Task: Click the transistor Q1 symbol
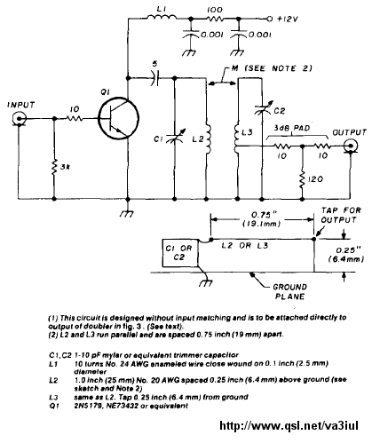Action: coord(118,119)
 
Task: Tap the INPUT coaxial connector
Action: coord(19,119)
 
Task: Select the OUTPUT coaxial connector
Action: coord(351,146)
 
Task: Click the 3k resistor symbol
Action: coord(54,167)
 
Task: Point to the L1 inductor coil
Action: coord(162,18)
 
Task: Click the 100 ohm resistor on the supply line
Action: coord(215,20)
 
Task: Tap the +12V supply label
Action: coord(287,20)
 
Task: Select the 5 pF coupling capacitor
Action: coord(154,78)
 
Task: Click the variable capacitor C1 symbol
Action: coord(175,137)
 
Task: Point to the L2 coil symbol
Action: coord(208,138)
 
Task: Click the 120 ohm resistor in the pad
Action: coord(302,178)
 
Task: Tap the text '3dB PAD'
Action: coord(292,128)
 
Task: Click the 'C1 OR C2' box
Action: coord(180,253)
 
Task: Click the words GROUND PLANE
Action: coord(289,291)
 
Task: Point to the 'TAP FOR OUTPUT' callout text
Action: coord(340,215)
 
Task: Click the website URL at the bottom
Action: coord(289,426)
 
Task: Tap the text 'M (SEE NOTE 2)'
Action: coord(272,68)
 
